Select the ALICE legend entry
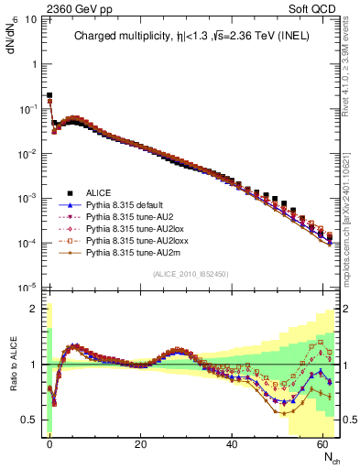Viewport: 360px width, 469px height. [x=99, y=192]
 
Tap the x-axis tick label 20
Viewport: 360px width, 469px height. [x=140, y=443]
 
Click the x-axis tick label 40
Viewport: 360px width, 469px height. [x=231, y=443]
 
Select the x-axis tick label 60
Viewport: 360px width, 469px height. [x=322, y=443]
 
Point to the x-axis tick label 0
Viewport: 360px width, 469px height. [x=49, y=443]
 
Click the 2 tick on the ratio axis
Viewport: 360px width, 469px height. [x=34, y=309]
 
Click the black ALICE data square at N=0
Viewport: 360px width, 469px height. [x=49, y=95]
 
